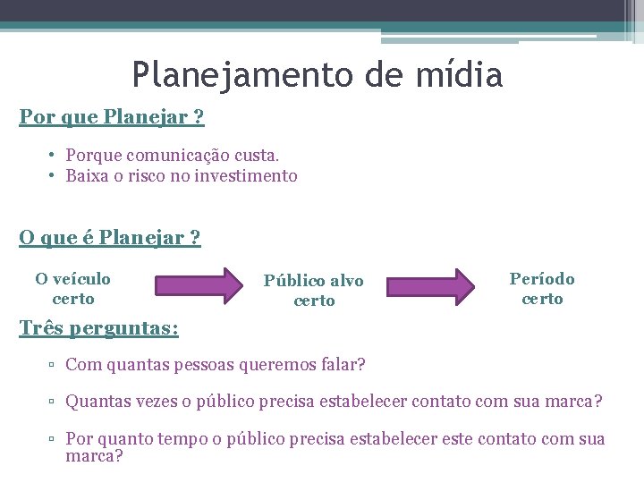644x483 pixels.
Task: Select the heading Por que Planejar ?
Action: [x=112, y=117]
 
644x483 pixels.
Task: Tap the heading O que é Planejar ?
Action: [x=110, y=238]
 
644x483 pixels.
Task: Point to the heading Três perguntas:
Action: [x=98, y=329]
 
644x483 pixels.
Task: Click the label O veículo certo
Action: [x=73, y=288]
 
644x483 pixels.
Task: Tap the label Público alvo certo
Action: [x=314, y=291]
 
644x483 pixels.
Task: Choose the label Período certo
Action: [x=542, y=289]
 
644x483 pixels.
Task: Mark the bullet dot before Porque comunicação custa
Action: [x=54, y=156]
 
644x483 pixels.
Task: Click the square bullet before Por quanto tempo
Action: [x=54, y=440]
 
